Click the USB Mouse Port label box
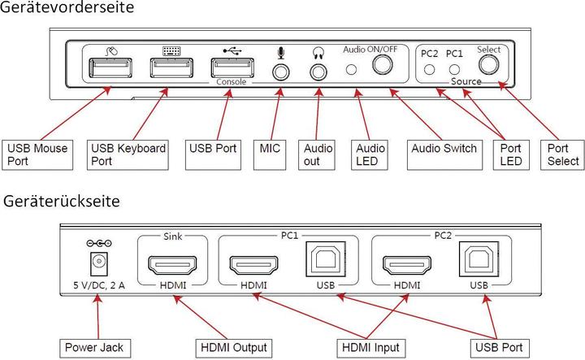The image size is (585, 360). pos(37,154)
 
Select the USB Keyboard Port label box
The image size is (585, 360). pos(130,154)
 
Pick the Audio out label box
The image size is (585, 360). pos(318,154)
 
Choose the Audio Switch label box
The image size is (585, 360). pos(444,150)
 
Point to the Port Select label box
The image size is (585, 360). pos(562,154)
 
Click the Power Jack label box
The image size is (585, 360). pos(94,348)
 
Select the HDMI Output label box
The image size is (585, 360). pos(234,348)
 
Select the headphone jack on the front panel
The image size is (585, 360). pos(317,71)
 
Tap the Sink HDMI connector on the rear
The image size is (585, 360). pos(173,265)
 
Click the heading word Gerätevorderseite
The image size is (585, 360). pos(67,9)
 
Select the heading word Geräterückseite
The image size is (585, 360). pos(62,201)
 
